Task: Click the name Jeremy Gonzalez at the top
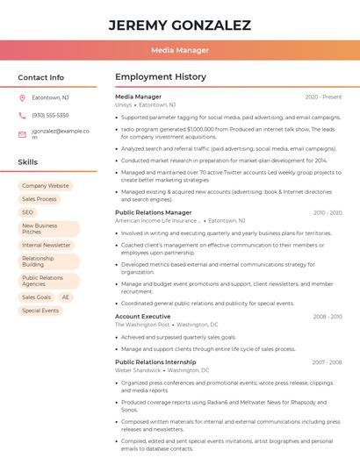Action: (x=179, y=25)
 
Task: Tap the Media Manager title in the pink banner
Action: (x=179, y=50)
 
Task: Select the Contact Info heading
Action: (x=41, y=77)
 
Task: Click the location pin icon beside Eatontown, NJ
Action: (x=22, y=97)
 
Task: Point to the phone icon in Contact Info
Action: (x=22, y=115)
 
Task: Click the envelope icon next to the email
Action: (x=22, y=133)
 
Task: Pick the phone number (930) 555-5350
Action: (x=50, y=115)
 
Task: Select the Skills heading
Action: (x=28, y=162)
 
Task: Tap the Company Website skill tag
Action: (x=45, y=186)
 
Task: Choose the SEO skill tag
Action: (x=27, y=212)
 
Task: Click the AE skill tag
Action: (x=66, y=297)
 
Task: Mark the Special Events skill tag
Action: (x=40, y=311)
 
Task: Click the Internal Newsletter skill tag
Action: (x=47, y=246)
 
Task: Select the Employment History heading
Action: (x=161, y=77)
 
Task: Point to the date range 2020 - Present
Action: (x=323, y=97)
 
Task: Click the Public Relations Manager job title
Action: (x=153, y=212)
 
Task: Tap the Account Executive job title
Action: (x=143, y=316)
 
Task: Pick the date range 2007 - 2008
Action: (x=327, y=361)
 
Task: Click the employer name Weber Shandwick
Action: (x=138, y=370)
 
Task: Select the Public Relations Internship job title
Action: (x=155, y=361)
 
